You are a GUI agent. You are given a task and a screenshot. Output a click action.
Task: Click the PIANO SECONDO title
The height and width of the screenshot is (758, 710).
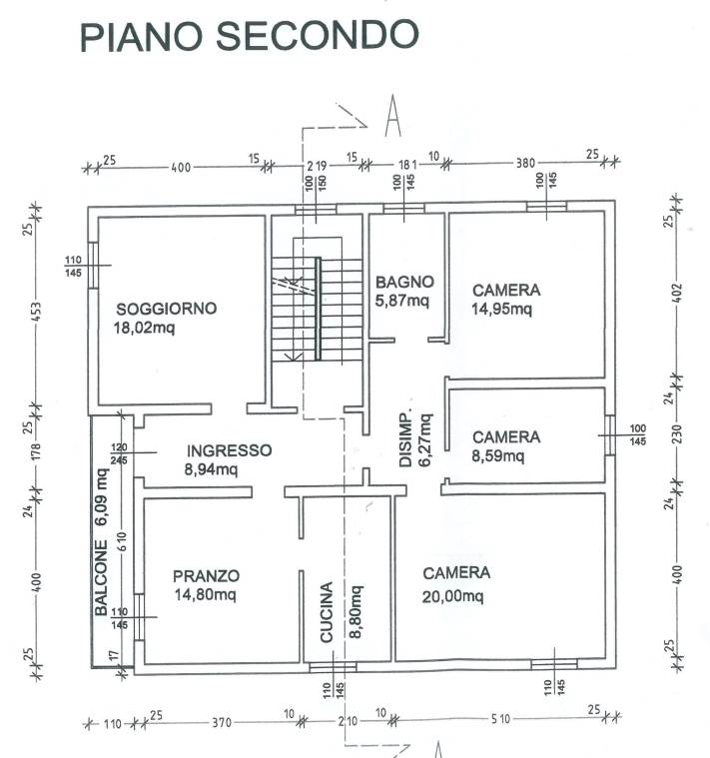tap(249, 35)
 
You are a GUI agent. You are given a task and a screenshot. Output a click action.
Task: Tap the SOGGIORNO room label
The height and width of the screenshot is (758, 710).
tap(166, 309)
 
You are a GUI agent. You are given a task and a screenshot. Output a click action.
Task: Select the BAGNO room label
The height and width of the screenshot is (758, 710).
tap(404, 282)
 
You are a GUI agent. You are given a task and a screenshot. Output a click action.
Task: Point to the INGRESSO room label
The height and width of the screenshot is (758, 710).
tap(229, 450)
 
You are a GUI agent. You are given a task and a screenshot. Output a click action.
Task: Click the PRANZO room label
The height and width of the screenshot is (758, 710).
tap(206, 576)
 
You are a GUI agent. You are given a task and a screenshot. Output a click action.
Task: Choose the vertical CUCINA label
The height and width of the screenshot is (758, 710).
tap(327, 612)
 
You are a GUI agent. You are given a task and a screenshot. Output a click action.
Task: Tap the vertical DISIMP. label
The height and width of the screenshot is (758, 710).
tap(405, 439)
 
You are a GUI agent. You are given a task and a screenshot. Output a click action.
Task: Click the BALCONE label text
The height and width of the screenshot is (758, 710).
tap(101, 577)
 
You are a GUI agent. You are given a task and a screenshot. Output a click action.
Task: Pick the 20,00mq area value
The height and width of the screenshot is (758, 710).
tap(452, 596)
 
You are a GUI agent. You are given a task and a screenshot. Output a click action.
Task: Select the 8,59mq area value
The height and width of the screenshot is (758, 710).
tap(498, 455)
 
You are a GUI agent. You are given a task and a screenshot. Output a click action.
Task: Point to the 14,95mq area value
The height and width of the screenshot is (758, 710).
tap(501, 309)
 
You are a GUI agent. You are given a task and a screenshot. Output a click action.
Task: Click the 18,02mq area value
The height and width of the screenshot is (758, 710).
tap(144, 328)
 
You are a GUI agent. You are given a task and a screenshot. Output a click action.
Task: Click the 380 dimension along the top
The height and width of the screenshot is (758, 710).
tap(525, 163)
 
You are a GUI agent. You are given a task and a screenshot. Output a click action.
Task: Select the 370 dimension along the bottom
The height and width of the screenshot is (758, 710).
tap(222, 723)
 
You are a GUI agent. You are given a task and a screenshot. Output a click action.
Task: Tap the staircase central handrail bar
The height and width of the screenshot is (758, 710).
tap(318, 309)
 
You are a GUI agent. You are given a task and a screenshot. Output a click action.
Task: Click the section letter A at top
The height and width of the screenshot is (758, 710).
tap(392, 116)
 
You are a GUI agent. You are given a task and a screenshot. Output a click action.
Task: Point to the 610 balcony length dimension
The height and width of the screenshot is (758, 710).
tap(122, 541)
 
